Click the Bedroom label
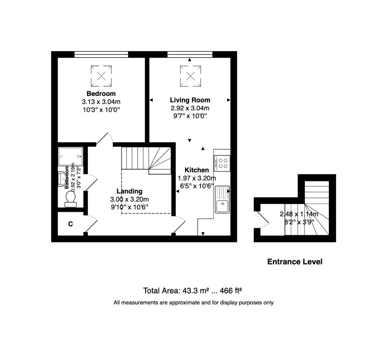(101, 94)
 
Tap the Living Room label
(190, 100)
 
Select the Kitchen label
(197, 170)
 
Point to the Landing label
(129, 191)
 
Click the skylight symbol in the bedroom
(101, 76)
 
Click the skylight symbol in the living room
(190, 76)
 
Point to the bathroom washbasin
(62, 178)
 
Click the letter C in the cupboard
(71, 224)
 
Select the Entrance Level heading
(295, 262)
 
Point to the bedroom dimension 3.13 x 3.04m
(101, 102)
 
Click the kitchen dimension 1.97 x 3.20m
(197, 178)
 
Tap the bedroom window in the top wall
(101, 54)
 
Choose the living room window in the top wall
(190, 54)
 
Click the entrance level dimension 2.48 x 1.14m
(299, 214)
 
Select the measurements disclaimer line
(193, 303)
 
